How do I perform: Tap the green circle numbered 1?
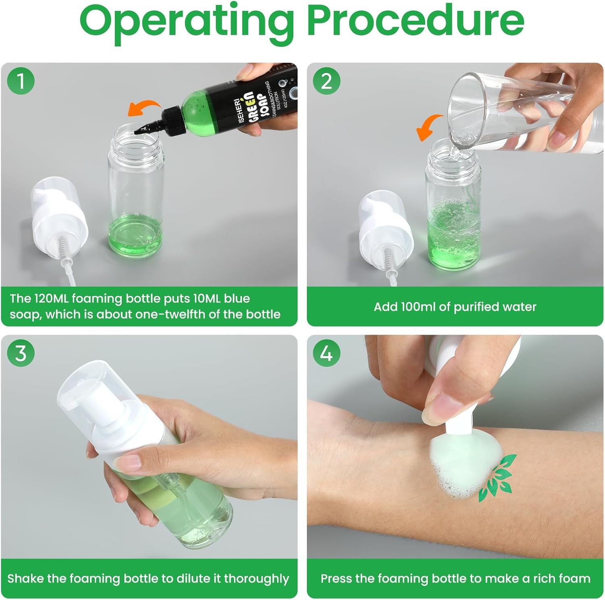pos(21,81)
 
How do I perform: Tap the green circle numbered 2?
pos(326,81)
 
